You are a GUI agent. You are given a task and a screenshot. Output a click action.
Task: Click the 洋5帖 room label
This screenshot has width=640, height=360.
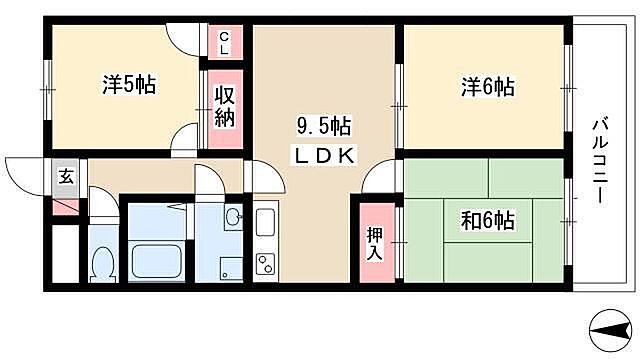click(x=128, y=85)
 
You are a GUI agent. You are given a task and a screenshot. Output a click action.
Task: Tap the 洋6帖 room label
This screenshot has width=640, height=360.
click(x=487, y=87)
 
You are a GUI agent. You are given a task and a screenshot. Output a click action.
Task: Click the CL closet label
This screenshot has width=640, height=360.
click(x=224, y=42)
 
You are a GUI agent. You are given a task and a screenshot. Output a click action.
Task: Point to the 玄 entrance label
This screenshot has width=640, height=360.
click(x=65, y=178)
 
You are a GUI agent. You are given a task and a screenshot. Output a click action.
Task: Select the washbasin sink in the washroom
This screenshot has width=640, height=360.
click(x=234, y=218)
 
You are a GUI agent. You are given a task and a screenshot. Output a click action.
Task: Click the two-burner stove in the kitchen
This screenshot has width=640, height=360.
click(x=267, y=264)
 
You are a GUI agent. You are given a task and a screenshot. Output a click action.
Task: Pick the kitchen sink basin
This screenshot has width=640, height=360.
click(x=267, y=222)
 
